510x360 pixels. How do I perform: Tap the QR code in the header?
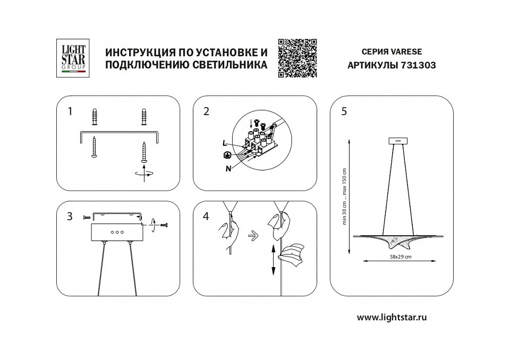coord(297,58)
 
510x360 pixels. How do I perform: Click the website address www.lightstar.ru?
coord(392,317)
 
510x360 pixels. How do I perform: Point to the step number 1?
coord(70,112)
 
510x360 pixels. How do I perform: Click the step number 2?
coord(207,112)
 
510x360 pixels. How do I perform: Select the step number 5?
coord(344,112)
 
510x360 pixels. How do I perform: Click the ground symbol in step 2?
coord(226,155)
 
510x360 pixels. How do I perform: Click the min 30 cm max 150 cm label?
coord(344,196)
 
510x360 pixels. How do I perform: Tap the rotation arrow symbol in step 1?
coord(144,173)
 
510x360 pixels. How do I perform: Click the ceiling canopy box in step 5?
coord(398,141)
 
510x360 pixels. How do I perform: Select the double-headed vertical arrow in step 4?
coord(274,260)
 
